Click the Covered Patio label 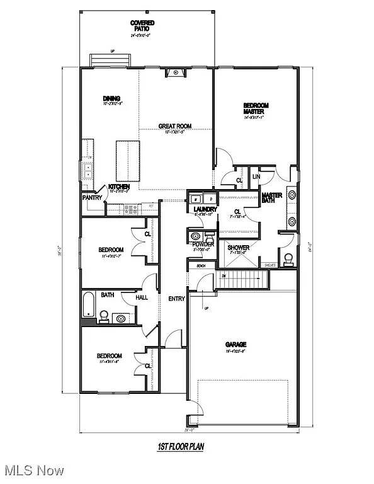[x=142, y=26]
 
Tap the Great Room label [x=174, y=126]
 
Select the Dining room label [x=111, y=98]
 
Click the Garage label [x=236, y=344]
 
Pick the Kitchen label [x=119, y=187]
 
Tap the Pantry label [x=93, y=198]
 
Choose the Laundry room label [x=205, y=209]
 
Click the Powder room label [x=203, y=244]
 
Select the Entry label [x=176, y=299]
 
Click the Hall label [x=142, y=297]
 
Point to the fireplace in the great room [x=174, y=73]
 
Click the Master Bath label [x=272, y=199]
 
